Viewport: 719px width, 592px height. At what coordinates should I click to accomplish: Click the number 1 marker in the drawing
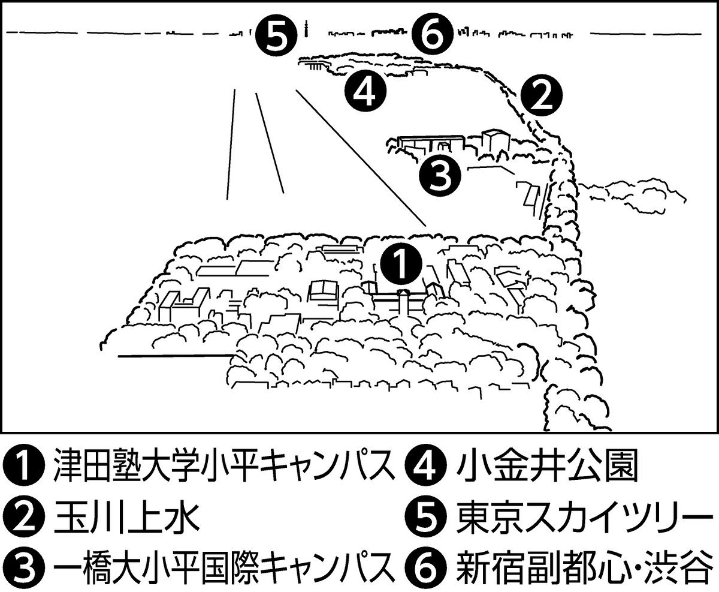tap(401, 265)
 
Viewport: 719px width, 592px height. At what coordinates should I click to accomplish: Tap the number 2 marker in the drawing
tap(540, 97)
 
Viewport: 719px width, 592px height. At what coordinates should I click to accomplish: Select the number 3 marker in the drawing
tap(440, 175)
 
